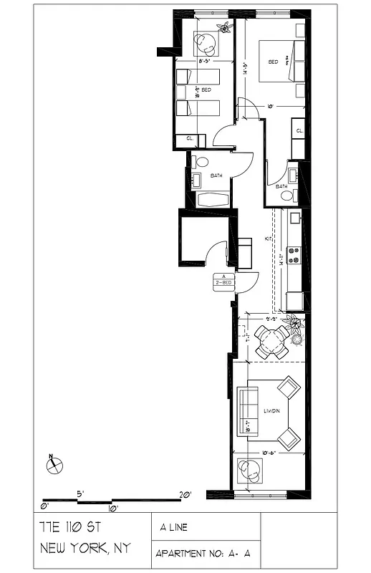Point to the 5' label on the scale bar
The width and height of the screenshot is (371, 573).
(x=81, y=493)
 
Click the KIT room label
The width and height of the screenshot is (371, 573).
(x=269, y=238)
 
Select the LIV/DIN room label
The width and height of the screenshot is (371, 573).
(x=271, y=410)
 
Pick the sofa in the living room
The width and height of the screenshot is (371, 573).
(x=247, y=405)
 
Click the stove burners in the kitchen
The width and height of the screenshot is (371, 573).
(x=294, y=254)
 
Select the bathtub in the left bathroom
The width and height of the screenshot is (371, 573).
(x=211, y=199)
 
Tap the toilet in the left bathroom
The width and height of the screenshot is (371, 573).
(x=201, y=162)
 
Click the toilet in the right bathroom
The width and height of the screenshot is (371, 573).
(x=286, y=195)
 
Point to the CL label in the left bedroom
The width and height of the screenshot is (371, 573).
(x=191, y=138)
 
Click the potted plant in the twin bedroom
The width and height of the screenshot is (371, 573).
(x=226, y=27)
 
